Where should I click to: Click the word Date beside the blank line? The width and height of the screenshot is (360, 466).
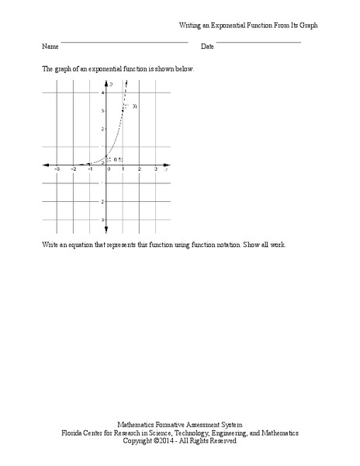pyautogui.click(x=207, y=47)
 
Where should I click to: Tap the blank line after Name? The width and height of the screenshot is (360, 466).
pyautogui.click(x=124, y=42)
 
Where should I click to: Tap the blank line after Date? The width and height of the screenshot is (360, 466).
pyautogui.click(x=258, y=42)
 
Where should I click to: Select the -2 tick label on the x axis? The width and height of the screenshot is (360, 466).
pyautogui.click(x=74, y=169)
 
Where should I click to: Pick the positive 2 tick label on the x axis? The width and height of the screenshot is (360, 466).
pyautogui.click(x=140, y=169)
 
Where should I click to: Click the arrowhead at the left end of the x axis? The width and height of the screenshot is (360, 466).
pyautogui.click(x=46, y=165)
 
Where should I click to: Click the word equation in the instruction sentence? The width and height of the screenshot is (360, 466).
pyautogui.click(x=82, y=245)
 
